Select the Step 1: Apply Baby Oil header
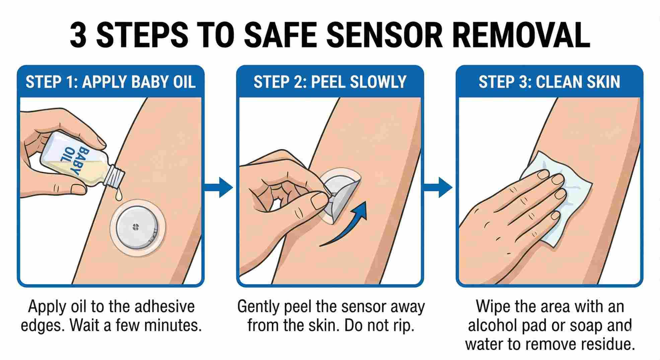click(111, 82)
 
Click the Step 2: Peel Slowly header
click(330, 82)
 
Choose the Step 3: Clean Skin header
click(549, 82)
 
